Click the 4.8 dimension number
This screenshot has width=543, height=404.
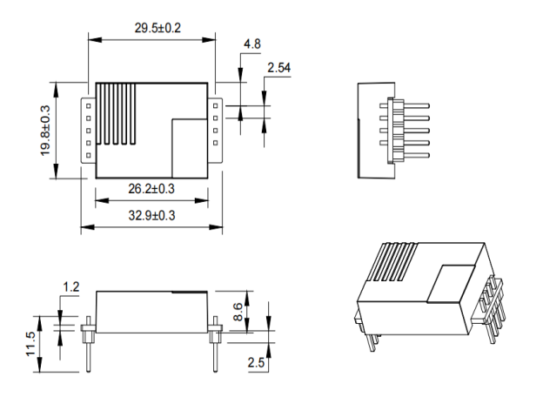tap(251, 44)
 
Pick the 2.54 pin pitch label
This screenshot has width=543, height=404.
tap(281, 66)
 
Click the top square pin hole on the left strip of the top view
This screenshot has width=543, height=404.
tap(89, 104)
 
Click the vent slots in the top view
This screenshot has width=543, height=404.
tap(118, 114)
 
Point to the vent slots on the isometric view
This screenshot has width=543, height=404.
tap(395, 260)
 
